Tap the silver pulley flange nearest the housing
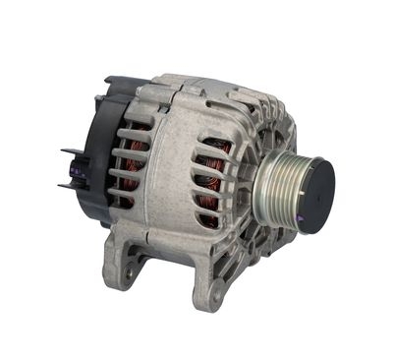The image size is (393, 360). point(257,197)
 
